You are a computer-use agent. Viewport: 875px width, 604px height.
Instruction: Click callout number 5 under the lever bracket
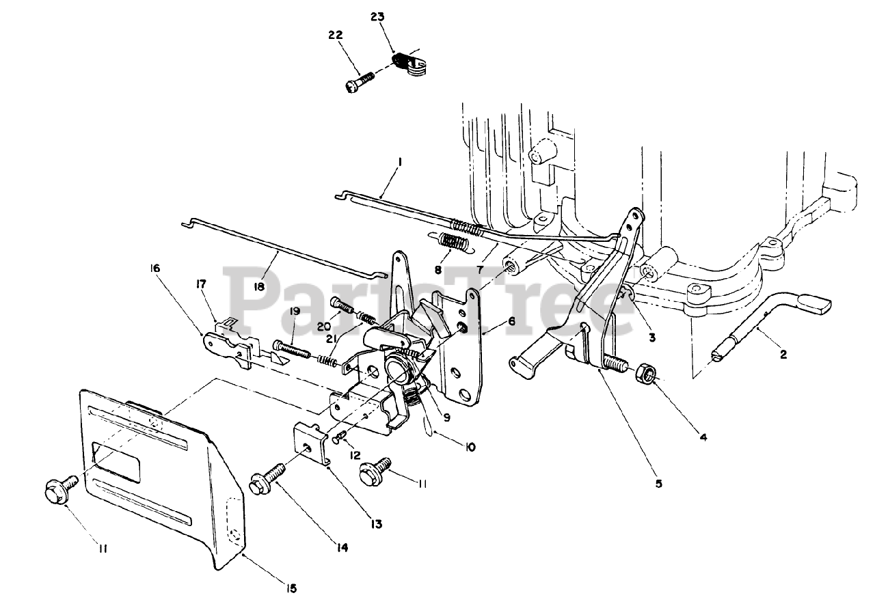coord(658,483)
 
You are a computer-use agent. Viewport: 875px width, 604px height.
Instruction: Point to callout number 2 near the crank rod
coord(783,354)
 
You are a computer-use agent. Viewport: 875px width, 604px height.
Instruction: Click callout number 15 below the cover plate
coord(292,588)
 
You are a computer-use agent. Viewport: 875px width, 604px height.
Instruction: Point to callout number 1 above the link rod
coord(399,163)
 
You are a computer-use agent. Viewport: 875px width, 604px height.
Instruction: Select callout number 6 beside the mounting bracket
coord(511,321)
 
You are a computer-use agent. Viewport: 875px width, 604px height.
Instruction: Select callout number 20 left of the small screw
coord(324,326)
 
